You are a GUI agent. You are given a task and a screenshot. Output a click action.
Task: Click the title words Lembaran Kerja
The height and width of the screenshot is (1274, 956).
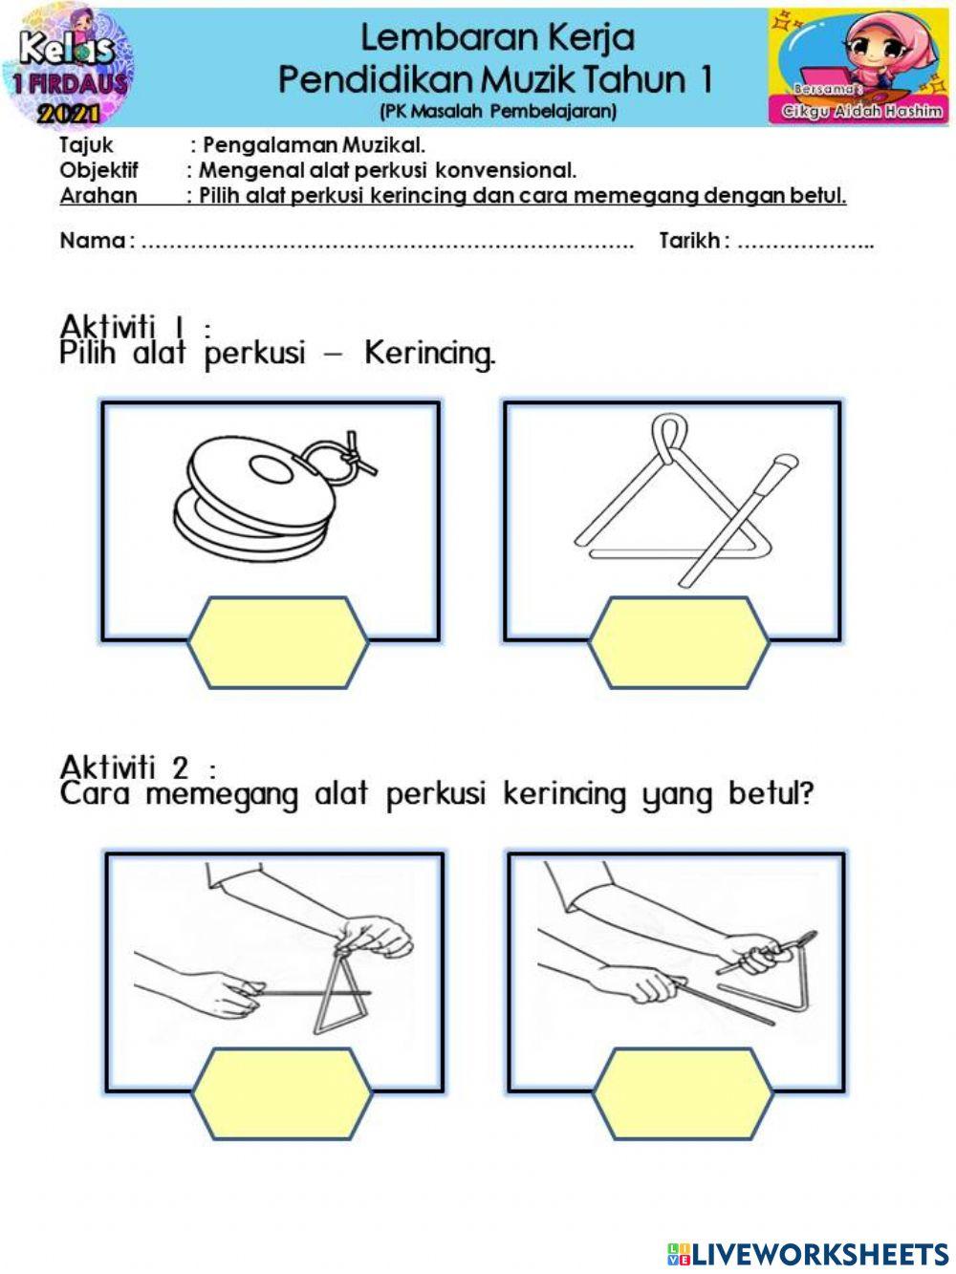(x=497, y=38)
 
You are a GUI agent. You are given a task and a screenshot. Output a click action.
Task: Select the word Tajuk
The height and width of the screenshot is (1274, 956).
(x=86, y=145)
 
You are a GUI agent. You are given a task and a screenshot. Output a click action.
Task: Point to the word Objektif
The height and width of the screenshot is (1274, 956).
(x=98, y=171)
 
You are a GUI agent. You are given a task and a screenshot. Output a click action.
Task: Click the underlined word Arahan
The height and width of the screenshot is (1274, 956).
(x=98, y=196)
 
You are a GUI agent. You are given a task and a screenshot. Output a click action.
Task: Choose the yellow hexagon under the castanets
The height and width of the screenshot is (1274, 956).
(x=278, y=642)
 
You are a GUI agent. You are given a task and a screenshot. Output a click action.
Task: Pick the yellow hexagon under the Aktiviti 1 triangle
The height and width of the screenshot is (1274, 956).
(x=679, y=642)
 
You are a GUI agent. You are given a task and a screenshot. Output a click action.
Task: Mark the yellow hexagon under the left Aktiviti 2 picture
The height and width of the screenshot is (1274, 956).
(x=281, y=1093)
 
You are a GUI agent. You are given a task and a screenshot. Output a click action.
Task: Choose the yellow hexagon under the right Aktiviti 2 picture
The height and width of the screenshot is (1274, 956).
(x=683, y=1093)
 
